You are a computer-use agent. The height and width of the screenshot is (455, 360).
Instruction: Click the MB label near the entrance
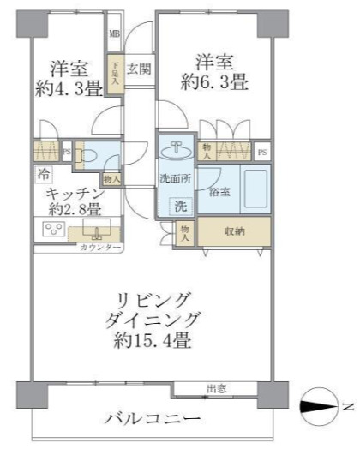coord(114,35)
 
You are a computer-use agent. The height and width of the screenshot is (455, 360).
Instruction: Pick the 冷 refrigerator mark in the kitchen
coord(44,173)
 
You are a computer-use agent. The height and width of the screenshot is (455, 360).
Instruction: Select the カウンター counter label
coord(100,248)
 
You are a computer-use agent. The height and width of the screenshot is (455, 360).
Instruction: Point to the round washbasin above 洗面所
coord(177,149)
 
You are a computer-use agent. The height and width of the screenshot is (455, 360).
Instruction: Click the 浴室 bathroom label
coord(220,193)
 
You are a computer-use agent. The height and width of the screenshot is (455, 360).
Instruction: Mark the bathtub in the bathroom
coord(252,186)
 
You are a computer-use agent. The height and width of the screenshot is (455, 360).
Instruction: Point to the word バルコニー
coord(149,419)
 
